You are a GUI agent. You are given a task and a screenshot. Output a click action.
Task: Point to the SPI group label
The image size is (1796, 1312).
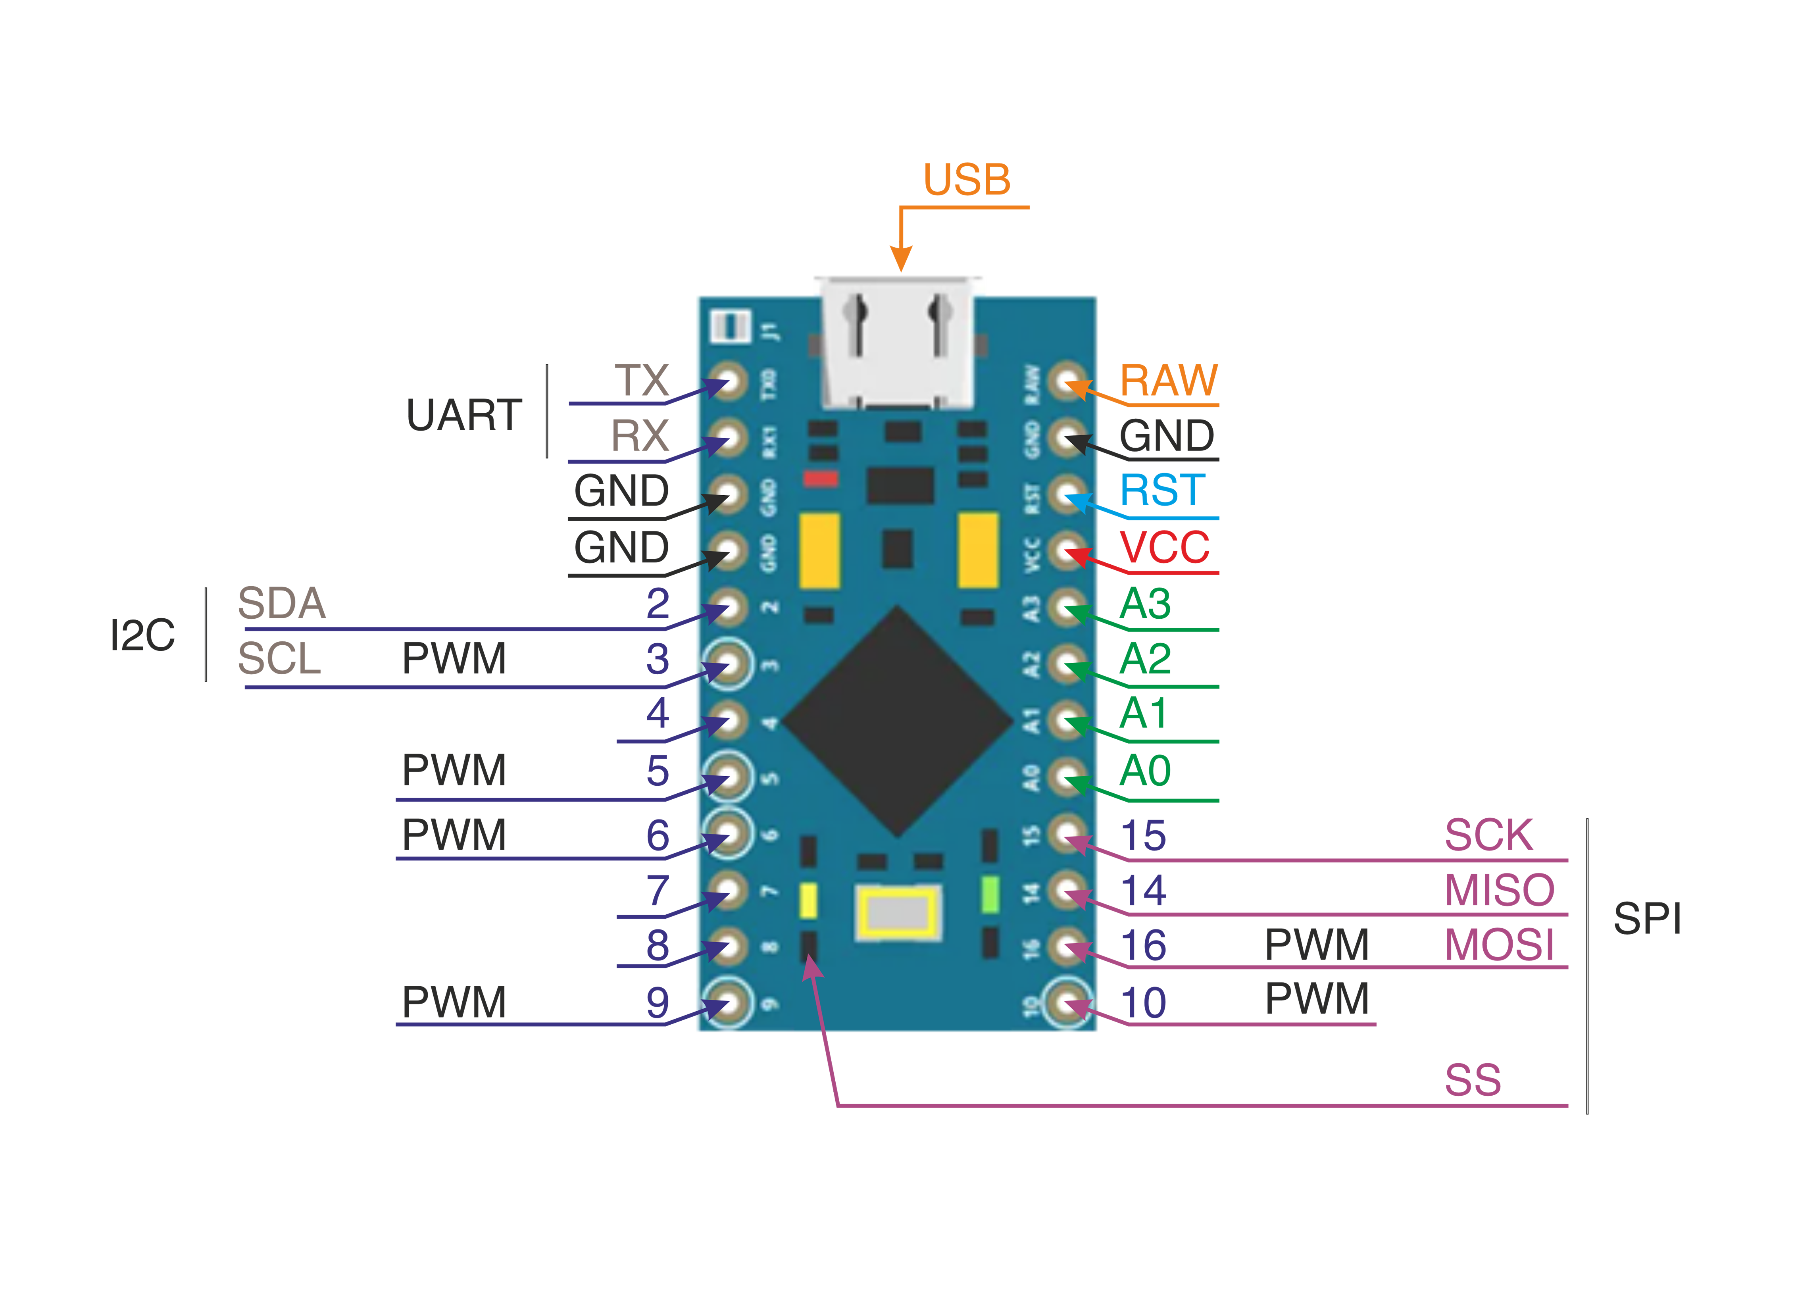(x=1648, y=919)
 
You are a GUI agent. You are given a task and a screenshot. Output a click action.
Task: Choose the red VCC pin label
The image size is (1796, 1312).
(x=1164, y=547)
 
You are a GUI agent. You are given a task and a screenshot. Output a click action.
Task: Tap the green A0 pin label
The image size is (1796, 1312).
(x=1145, y=770)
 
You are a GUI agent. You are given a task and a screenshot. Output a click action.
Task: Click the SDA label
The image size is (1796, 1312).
(x=282, y=604)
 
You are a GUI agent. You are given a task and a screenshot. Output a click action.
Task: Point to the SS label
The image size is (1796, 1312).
(x=1473, y=1080)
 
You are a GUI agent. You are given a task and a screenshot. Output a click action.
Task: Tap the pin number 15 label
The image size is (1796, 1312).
(x=1143, y=835)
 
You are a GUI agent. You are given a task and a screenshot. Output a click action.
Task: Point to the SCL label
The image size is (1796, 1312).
(x=279, y=658)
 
